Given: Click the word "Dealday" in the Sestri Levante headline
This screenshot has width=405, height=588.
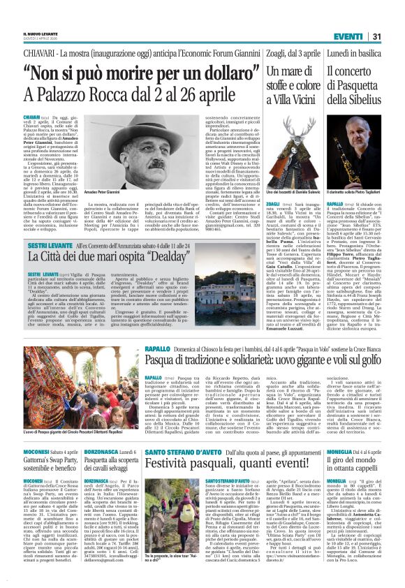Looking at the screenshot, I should tap(168, 255).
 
